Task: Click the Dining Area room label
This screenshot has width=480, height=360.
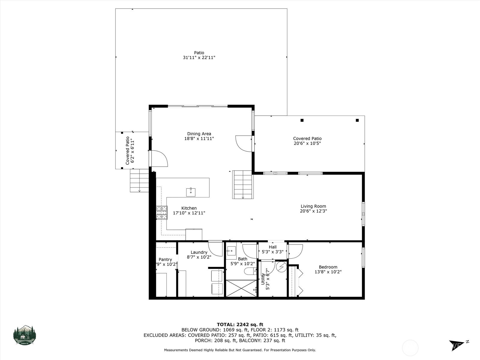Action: [x=199, y=134]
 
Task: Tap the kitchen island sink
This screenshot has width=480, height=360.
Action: [x=191, y=192]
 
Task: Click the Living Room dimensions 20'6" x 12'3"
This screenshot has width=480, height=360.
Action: [x=313, y=211]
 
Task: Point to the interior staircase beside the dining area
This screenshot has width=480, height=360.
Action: [x=243, y=184]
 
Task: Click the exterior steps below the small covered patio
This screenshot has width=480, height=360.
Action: [x=139, y=180]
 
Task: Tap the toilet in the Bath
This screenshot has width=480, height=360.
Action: [x=249, y=271]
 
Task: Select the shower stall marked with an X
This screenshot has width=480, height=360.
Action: [x=241, y=288]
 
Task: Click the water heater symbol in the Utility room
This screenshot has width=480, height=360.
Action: [x=281, y=266]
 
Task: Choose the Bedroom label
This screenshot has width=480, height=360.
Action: [x=328, y=267]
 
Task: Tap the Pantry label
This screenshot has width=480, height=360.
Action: [x=165, y=259]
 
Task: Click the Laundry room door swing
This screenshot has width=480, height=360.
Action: [x=215, y=247]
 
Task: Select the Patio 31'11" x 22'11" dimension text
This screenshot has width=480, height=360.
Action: [x=199, y=58]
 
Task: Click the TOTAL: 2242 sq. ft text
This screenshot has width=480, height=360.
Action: [x=240, y=324]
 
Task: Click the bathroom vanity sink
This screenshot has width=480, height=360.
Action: [x=231, y=250]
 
